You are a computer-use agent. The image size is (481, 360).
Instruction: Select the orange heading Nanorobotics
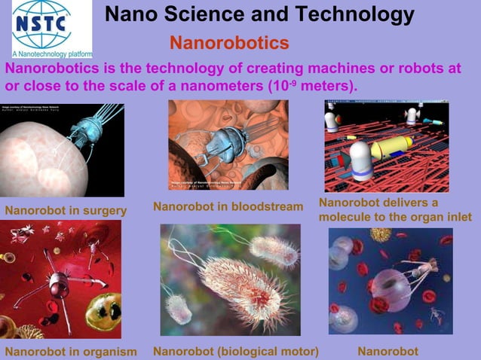pyautogui.click(x=229, y=41)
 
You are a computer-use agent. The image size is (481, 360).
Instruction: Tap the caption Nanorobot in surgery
pyautogui.click(x=66, y=210)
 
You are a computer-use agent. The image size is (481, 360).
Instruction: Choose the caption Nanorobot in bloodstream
pyautogui.click(x=228, y=206)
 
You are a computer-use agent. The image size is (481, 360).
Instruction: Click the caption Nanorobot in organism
pyautogui.click(x=71, y=352)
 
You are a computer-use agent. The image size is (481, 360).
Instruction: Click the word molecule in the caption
pyautogui.click(x=348, y=217)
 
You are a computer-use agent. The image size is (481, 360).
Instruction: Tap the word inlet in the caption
pyautogui.click(x=457, y=217)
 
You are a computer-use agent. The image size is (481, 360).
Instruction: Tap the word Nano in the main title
pyautogui.click(x=128, y=14)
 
